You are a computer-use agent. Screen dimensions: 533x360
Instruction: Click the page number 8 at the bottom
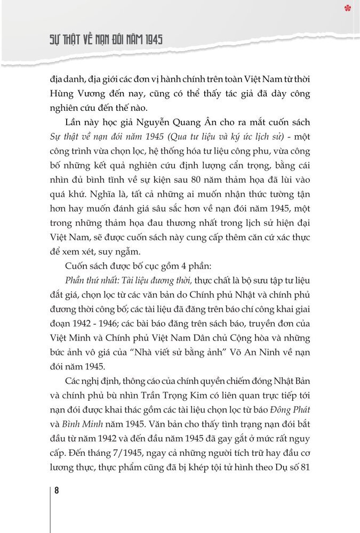click(x=57, y=491)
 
